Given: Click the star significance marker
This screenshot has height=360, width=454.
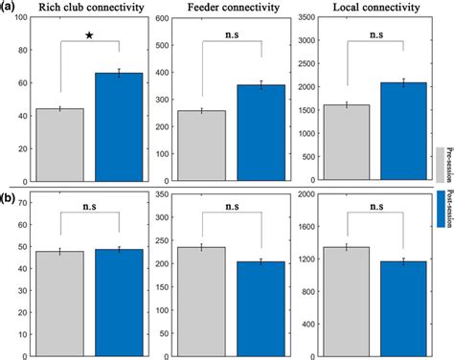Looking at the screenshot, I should pyautogui.click(x=89, y=36).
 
